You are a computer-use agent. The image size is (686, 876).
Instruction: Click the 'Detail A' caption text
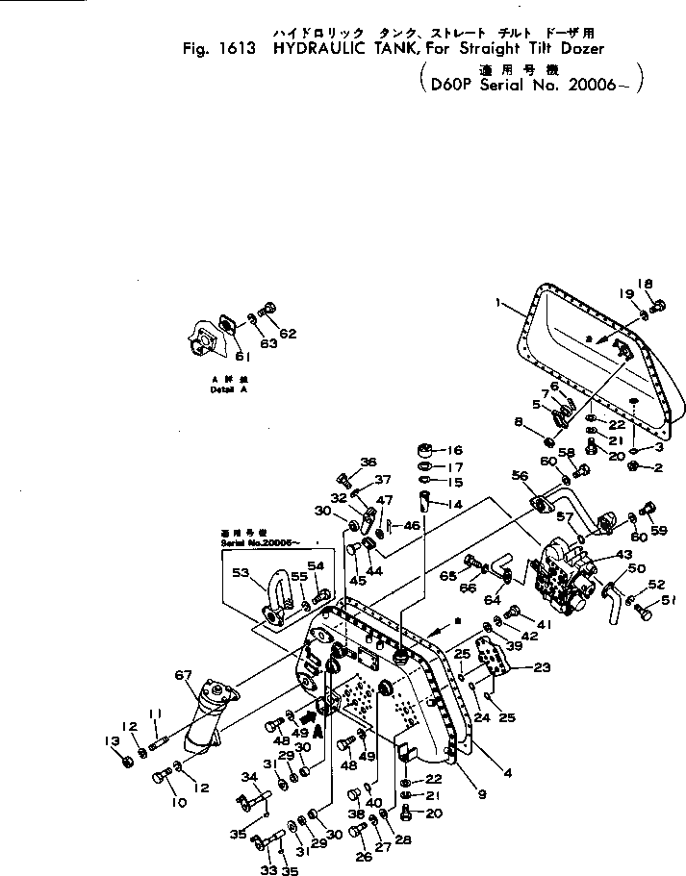223,390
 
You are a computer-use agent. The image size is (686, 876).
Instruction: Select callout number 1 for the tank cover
497,302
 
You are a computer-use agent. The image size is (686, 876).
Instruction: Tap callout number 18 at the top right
647,284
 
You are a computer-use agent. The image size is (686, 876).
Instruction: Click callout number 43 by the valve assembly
625,555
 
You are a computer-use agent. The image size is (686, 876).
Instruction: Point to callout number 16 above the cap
454,450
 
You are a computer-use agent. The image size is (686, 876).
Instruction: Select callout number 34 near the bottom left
249,777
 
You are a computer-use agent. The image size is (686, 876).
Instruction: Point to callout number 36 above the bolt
368,463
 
